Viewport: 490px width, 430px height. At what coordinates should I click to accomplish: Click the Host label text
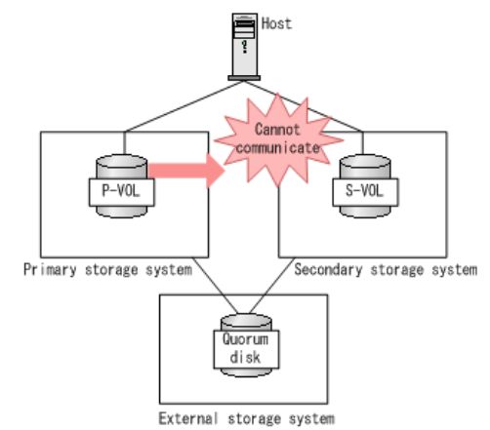point(276,23)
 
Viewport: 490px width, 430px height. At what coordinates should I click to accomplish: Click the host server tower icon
point(244,47)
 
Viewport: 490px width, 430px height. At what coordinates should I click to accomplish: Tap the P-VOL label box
point(122,192)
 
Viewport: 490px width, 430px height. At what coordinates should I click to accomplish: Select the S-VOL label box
point(365,192)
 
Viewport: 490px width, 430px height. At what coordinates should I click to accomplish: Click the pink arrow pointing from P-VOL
point(186,171)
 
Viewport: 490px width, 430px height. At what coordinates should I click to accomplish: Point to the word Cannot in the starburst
point(277,130)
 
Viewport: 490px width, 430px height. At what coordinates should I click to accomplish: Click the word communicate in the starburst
point(277,148)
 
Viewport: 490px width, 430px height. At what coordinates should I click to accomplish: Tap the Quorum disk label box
point(246,349)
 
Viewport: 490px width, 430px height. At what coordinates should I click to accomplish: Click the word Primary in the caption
point(50,270)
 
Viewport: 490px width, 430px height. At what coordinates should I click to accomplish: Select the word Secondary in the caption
point(328,270)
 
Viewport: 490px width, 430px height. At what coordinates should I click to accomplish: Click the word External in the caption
point(188,418)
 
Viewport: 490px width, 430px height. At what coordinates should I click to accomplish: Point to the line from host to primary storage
point(184,106)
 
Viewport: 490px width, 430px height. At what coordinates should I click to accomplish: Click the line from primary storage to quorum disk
point(215,286)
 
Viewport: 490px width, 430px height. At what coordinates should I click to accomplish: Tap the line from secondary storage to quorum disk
point(272,286)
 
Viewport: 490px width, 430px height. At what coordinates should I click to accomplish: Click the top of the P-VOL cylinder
point(122,162)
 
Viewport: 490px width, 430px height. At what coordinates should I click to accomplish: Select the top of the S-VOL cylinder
point(365,162)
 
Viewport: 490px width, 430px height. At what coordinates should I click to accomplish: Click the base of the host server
point(244,78)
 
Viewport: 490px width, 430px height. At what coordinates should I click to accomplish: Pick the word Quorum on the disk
point(246,339)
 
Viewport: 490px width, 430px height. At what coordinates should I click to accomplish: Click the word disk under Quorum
point(245,357)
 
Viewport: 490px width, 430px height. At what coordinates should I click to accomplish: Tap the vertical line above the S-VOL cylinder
point(363,143)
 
